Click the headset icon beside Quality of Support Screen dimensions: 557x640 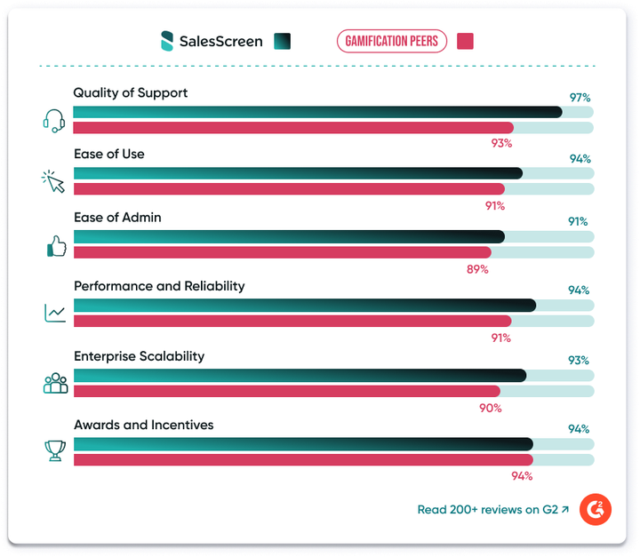click(x=55, y=120)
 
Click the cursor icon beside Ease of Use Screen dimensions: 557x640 click(x=55, y=181)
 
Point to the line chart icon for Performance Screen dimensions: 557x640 click(x=55, y=313)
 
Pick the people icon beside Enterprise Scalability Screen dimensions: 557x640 click(x=55, y=383)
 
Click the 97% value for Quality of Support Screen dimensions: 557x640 click(x=580, y=97)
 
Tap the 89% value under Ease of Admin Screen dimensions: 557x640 click(x=477, y=268)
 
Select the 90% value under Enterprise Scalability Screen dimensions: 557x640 click(x=491, y=408)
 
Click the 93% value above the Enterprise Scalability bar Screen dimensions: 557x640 click(x=579, y=360)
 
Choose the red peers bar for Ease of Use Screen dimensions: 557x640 click(x=288, y=188)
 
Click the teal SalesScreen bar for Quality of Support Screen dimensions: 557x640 click(x=316, y=112)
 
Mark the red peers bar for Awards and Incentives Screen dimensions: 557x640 click(x=302, y=459)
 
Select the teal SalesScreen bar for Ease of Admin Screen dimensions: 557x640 click(x=288, y=236)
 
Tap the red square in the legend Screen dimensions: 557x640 click(x=464, y=41)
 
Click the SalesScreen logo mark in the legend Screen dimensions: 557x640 click(x=166, y=41)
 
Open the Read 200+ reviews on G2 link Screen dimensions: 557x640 click(x=492, y=510)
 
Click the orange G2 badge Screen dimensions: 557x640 click(x=595, y=510)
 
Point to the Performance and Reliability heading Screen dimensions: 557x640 click(x=159, y=286)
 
